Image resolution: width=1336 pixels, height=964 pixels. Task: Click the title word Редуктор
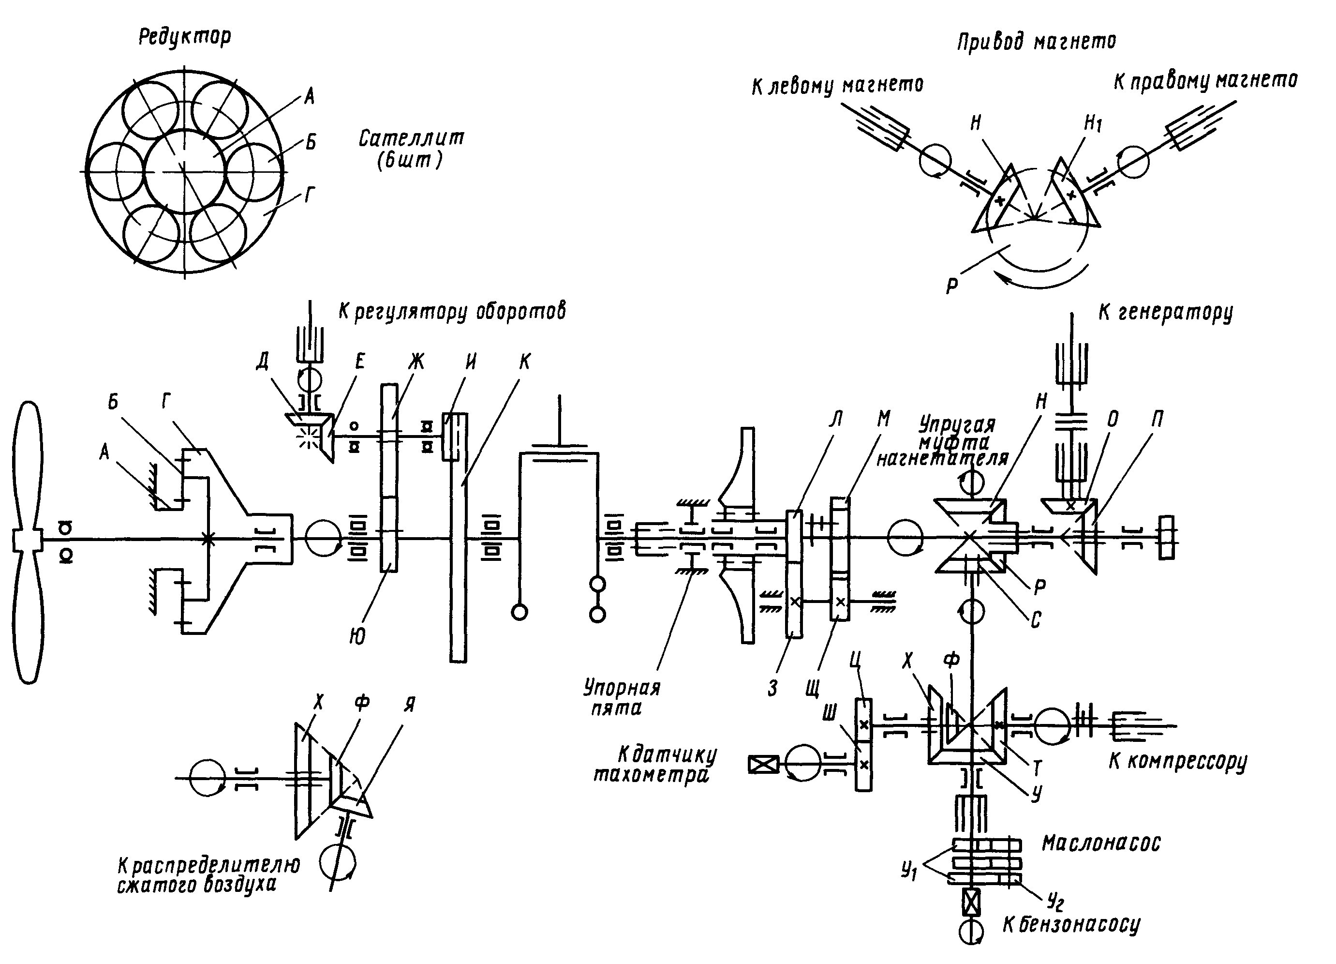click(184, 36)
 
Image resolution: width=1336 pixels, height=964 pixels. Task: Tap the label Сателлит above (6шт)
click(411, 139)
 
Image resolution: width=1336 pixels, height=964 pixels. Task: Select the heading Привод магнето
click(1036, 41)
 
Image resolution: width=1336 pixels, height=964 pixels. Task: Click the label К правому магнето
click(1204, 81)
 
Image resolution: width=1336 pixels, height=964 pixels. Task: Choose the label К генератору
click(1165, 312)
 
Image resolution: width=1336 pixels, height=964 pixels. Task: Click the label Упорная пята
click(622, 696)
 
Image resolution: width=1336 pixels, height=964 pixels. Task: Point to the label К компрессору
click(1177, 761)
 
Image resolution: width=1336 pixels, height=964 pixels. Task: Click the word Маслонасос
click(1101, 843)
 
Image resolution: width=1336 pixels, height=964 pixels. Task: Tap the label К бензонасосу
click(1071, 924)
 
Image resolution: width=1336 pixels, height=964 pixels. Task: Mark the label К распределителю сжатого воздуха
click(208, 874)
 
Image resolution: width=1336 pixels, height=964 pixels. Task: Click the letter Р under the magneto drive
click(951, 286)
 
